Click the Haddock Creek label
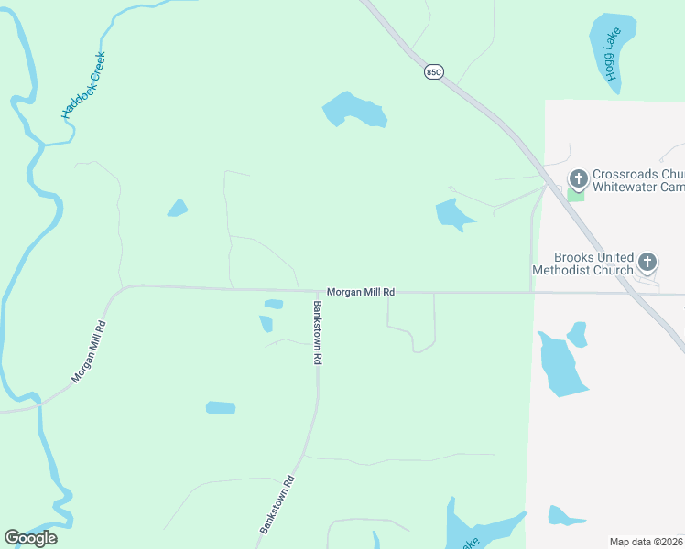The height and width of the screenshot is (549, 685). coord(84,86)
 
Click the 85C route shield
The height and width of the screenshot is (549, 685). coord(434,71)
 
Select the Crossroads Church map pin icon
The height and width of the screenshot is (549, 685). coord(578,178)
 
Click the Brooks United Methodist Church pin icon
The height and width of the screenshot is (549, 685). coord(647,263)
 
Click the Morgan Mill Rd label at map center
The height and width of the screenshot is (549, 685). coord(361,292)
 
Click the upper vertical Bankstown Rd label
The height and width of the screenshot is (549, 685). coord(317,333)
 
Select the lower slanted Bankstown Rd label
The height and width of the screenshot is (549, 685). coord(276,504)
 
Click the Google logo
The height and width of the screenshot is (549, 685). coord(30,538)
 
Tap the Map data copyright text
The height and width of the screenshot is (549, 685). coord(647,542)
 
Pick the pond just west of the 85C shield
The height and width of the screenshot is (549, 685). coord(354,111)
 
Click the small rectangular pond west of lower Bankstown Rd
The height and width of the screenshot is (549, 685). coord(221,407)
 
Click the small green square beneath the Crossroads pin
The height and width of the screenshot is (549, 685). coord(575,194)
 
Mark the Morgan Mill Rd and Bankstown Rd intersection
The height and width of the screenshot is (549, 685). coord(318,293)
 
